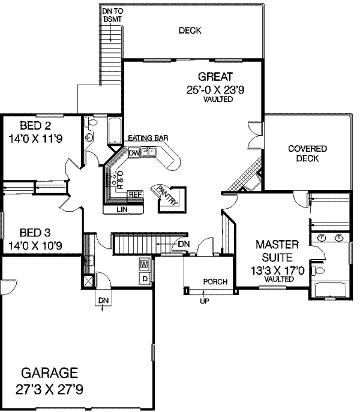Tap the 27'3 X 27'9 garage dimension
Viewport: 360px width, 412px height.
[x=52, y=388]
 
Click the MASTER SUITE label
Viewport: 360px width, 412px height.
[x=277, y=251]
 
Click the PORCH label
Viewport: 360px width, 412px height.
[x=214, y=281]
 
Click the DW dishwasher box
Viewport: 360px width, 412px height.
[x=134, y=153]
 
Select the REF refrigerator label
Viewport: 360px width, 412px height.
[x=135, y=194]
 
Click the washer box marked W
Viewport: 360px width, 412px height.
[x=144, y=264]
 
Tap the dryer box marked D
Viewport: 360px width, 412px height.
[x=144, y=278]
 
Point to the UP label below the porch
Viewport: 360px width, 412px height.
[x=205, y=300]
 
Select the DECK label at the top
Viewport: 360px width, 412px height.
[x=190, y=31]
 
